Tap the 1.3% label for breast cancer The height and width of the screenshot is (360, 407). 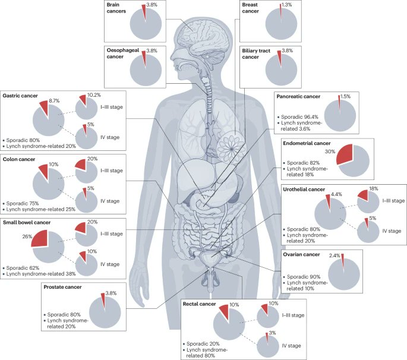287,5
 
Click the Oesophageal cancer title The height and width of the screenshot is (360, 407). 127,55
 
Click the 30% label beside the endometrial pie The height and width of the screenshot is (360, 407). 328,151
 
